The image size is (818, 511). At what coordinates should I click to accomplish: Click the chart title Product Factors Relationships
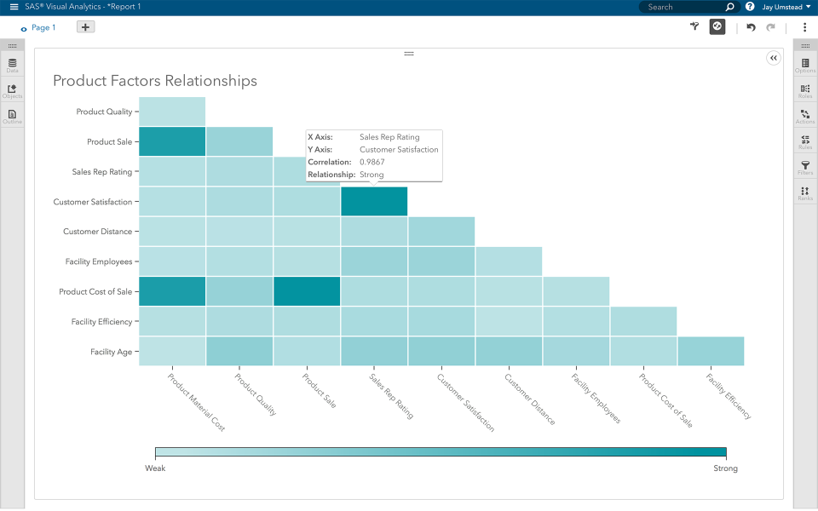pyautogui.click(x=154, y=81)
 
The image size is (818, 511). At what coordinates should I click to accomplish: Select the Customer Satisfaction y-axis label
pyautogui.click(x=93, y=202)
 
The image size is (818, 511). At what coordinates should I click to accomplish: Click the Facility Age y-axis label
pyautogui.click(x=112, y=352)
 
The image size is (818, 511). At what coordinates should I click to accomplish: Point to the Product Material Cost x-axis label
pyautogui.click(x=197, y=402)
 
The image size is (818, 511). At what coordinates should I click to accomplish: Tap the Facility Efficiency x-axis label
pyautogui.click(x=729, y=397)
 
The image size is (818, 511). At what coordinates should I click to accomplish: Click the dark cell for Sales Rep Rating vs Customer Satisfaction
pyautogui.click(x=374, y=202)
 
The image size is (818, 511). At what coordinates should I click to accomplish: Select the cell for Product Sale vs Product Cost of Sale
pyautogui.click(x=307, y=291)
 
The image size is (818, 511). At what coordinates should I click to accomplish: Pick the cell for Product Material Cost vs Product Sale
pyautogui.click(x=172, y=141)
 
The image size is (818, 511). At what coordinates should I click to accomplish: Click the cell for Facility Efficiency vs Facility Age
pyautogui.click(x=711, y=351)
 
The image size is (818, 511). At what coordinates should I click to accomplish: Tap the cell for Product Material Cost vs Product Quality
pyautogui.click(x=172, y=112)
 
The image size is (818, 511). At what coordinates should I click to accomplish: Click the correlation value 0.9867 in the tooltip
pyautogui.click(x=372, y=162)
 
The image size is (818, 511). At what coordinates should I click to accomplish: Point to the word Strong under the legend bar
pyautogui.click(x=725, y=468)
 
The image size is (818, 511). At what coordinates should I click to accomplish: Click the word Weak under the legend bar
pyautogui.click(x=155, y=468)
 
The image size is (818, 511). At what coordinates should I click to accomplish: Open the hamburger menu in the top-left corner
pyautogui.click(x=14, y=7)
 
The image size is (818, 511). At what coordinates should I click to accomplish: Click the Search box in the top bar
pyautogui.click(x=682, y=7)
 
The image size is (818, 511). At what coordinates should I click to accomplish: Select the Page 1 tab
pyautogui.click(x=43, y=27)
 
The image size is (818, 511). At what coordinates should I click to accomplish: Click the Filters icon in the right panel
pyautogui.click(x=805, y=168)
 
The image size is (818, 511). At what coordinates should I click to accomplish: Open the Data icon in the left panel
pyautogui.click(x=12, y=65)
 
